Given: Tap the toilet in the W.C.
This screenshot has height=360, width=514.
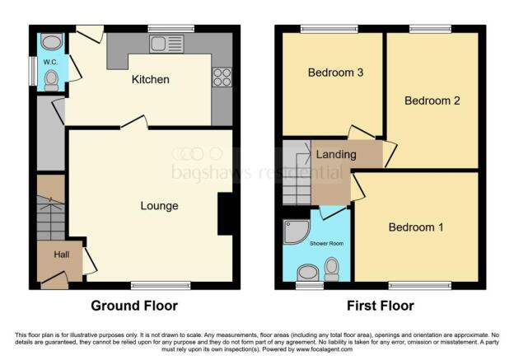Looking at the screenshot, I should tap(51, 79).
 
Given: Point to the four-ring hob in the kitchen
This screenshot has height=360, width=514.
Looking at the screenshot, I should tap(222, 77).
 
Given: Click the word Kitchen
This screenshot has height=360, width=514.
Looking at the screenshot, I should tap(150, 80).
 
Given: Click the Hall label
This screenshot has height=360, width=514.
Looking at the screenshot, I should tap(62, 255).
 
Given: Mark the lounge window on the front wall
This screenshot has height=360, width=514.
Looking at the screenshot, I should tap(154, 285).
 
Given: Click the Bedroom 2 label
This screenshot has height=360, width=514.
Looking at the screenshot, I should tap(432, 101).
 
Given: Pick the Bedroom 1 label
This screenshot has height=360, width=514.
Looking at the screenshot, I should tap(416, 227).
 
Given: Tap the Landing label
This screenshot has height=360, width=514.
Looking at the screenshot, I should tap(336, 154).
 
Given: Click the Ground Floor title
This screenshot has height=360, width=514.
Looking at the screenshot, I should tap(133, 306).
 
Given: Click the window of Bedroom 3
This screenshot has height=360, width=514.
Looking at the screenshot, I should tap(329, 29).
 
